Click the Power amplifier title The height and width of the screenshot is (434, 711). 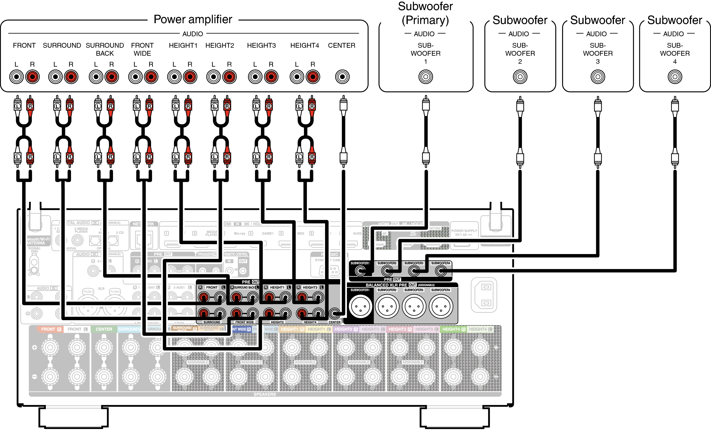point(193,20)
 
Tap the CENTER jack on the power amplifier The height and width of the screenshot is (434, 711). point(342,77)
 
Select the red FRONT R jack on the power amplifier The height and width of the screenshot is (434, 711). point(32,77)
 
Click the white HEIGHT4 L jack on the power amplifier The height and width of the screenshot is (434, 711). point(297,77)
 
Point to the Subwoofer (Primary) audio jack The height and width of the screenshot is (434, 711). point(426,77)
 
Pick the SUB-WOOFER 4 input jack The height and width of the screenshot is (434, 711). point(675,77)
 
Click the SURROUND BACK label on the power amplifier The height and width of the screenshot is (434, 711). point(105,49)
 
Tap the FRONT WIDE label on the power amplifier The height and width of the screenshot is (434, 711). point(142,49)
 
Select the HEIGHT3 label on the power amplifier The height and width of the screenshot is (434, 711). point(261,46)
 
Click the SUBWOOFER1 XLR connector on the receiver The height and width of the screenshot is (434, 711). point(360,306)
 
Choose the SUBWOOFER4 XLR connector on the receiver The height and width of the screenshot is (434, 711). point(441,306)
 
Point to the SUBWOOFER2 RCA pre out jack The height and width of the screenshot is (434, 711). point(387,271)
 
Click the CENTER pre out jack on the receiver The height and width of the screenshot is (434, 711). point(334,313)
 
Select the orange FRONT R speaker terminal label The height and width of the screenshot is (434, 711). point(51,329)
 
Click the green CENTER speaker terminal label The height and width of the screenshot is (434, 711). point(104,329)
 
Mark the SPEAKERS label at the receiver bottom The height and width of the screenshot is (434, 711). point(265,394)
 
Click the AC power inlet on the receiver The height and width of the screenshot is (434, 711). point(484,295)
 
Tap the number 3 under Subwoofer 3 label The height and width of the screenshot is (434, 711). point(598,62)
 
